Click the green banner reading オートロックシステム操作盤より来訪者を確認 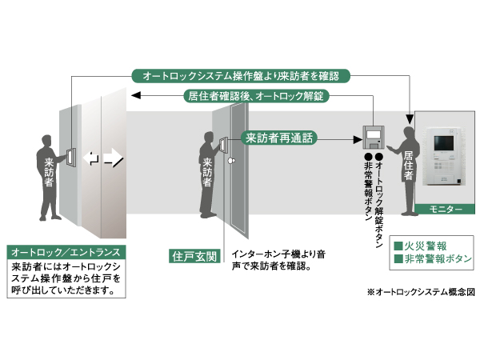coord(241,76)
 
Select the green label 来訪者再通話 coord(279,138)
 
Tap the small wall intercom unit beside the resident coord(374,137)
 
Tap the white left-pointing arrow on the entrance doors coord(93,158)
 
